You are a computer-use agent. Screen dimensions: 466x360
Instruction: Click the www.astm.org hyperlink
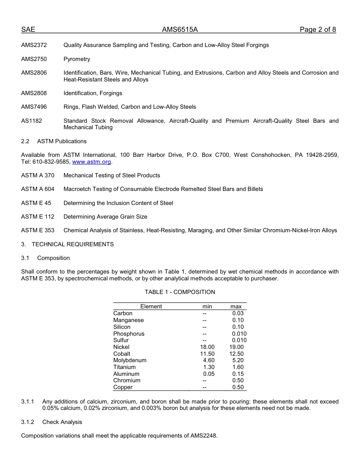(92, 162)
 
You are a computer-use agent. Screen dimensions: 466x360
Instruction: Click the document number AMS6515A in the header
(180, 30)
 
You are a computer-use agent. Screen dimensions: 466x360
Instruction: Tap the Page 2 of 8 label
(318, 30)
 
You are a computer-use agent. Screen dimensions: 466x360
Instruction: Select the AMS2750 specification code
(34, 59)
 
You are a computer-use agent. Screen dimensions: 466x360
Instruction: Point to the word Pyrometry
(77, 59)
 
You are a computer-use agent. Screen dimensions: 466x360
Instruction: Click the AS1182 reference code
(32, 121)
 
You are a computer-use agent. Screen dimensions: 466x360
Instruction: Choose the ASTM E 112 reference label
(38, 217)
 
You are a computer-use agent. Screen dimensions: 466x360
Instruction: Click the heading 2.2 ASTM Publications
(54, 141)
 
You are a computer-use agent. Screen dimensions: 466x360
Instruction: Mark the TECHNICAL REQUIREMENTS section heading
(72, 244)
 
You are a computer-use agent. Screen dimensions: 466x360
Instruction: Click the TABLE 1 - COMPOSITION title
(180, 292)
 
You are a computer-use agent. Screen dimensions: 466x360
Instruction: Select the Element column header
(151, 306)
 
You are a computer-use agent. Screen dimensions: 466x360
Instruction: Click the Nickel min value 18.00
(207, 347)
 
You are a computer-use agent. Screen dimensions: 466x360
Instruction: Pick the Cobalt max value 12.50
(236, 354)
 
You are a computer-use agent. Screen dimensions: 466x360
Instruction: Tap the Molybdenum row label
(130, 360)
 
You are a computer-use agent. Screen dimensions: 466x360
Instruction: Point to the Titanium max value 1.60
(238, 367)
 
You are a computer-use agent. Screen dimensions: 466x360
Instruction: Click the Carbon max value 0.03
(238, 313)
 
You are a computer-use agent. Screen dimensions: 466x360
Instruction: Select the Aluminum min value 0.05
(209, 374)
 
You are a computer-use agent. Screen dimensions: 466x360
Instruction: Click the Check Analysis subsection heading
(62, 422)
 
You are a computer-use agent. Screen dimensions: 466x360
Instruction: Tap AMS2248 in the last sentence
(203, 436)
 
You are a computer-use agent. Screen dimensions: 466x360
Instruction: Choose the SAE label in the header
(28, 30)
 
